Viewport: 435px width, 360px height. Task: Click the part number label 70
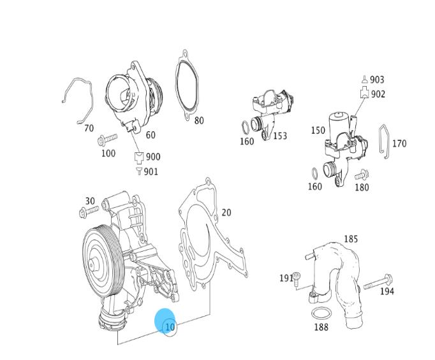pyautogui.click(x=89, y=128)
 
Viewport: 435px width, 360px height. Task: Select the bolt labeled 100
pyautogui.click(x=107, y=140)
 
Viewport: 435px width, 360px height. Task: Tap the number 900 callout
pyautogui.click(x=153, y=157)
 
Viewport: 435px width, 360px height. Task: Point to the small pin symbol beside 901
pyautogui.click(x=139, y=171)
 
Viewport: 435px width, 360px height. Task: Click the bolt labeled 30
pyautogui.click(x=89, y=212)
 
